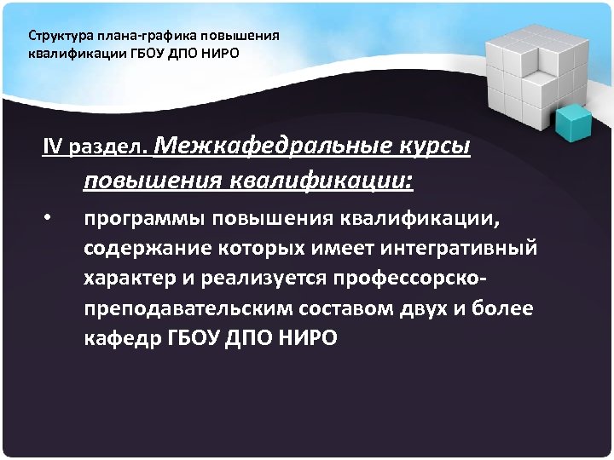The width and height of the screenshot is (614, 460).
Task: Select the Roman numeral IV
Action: click(53, 147)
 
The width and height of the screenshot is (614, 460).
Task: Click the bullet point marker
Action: click(49, 218)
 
